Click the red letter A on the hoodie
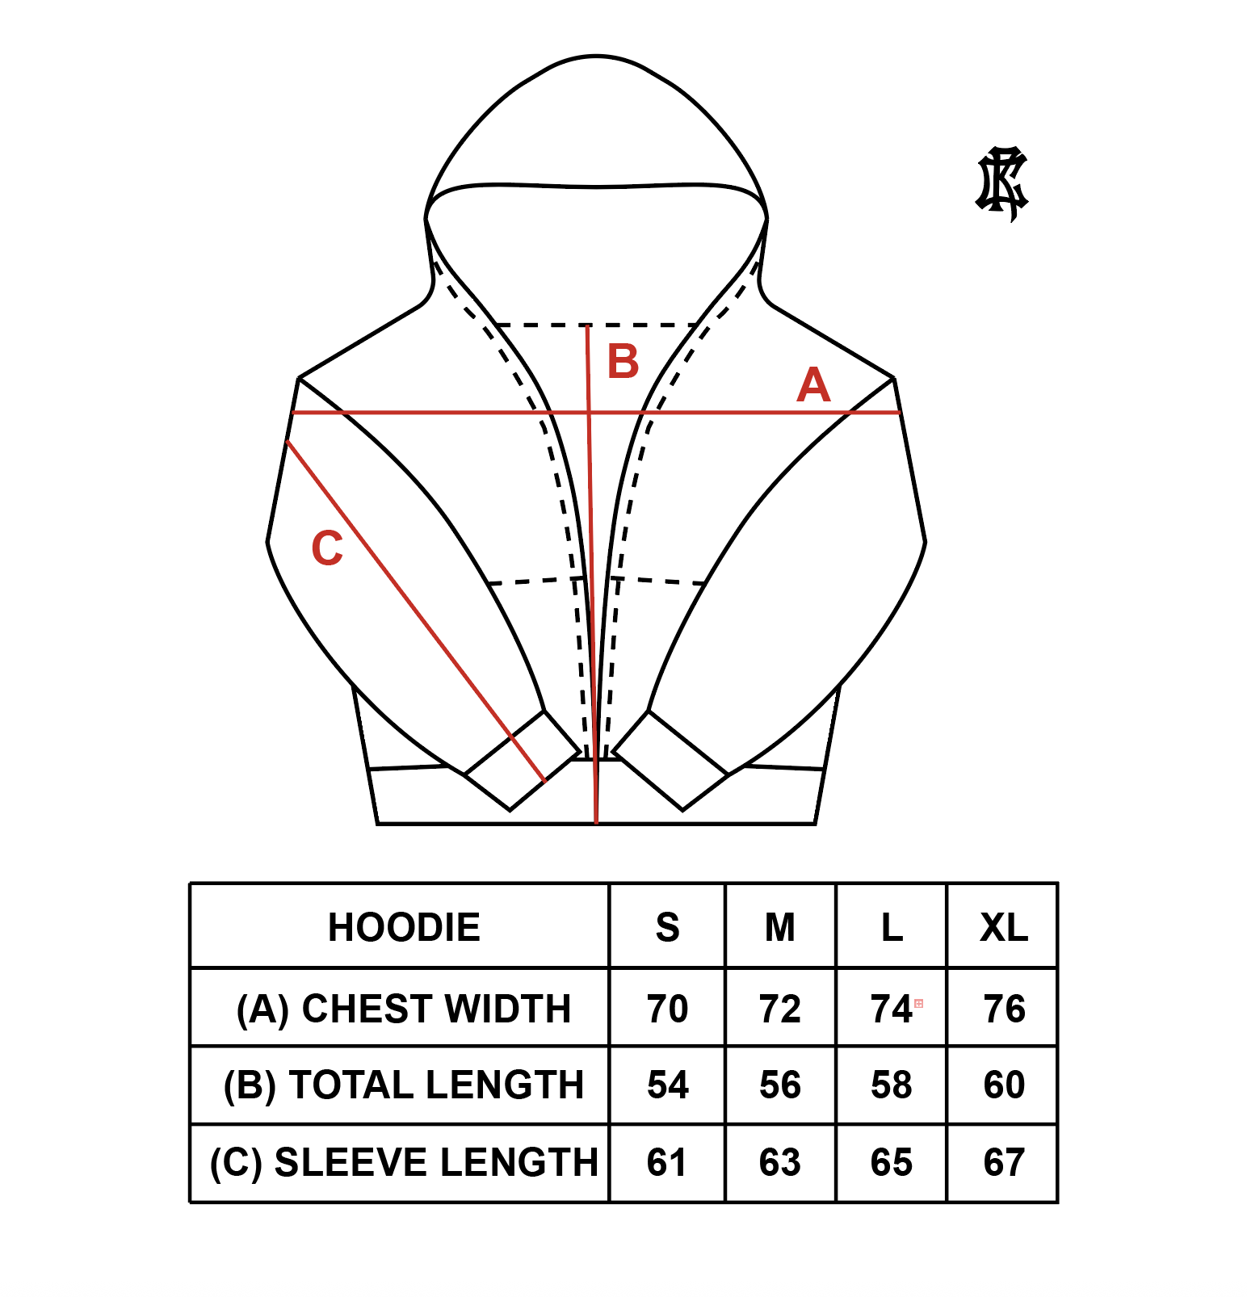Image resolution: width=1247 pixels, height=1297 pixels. click(813, 385)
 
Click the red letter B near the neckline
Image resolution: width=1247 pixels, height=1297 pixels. click(623, 361)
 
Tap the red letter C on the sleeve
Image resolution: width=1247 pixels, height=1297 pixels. click(327, 548)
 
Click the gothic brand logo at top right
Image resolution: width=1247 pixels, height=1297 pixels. click(1001, 184)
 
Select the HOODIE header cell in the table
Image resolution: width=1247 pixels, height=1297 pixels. click(404, 927)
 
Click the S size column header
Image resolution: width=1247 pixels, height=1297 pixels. click(667, 927)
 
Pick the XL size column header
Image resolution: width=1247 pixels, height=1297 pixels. click(1004, 927)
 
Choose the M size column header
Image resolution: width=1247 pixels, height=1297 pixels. click(780, 927)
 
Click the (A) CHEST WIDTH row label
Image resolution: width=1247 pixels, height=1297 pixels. click(404, 1009)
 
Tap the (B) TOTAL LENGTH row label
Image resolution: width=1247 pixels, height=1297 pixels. click(404, 1085)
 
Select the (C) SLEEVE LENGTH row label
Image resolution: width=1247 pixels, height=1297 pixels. click(404, 1162)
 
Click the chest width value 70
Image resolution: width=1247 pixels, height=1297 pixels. click(667, 1009)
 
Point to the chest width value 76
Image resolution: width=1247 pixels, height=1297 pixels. click(1004, 1009)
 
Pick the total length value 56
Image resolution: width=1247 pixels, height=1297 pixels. click(780, 1085)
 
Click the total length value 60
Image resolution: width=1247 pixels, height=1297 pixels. click(1004, 1085)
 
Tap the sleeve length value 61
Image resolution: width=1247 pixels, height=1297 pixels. click(667, 1162)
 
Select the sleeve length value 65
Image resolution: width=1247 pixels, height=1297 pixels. click(892, 1162)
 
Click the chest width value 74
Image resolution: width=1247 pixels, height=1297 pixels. click(891, 1009)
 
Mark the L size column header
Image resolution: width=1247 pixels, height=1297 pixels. click(892, 927)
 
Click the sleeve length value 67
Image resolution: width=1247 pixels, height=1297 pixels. click(1004, 1162)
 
